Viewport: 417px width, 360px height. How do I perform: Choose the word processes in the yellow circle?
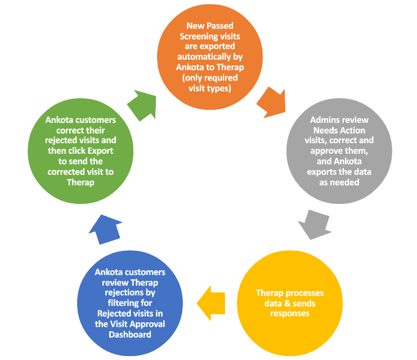304,293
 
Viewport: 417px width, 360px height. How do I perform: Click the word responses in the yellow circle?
290,313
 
